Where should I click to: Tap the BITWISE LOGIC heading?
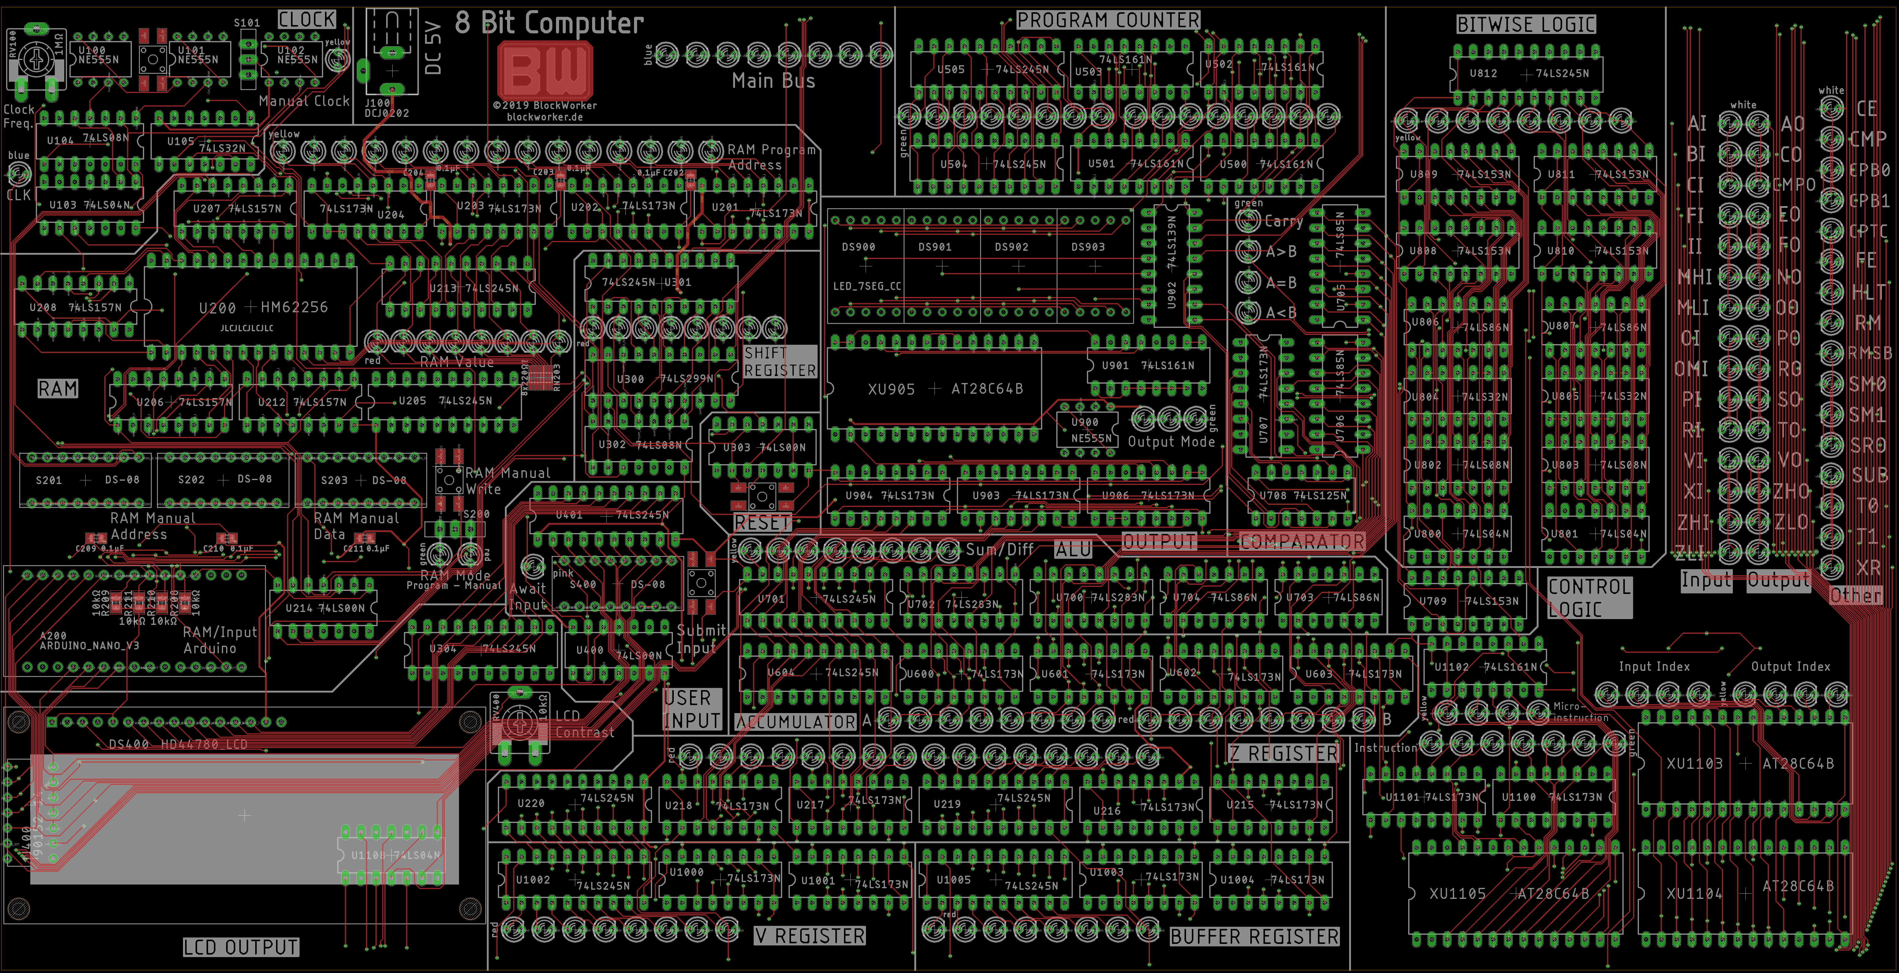1526,24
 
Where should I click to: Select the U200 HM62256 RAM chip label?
263,307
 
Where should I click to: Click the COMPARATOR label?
1302,542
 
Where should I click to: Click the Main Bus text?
773,81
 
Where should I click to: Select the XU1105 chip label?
1457,893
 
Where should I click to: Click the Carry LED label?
1283,220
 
